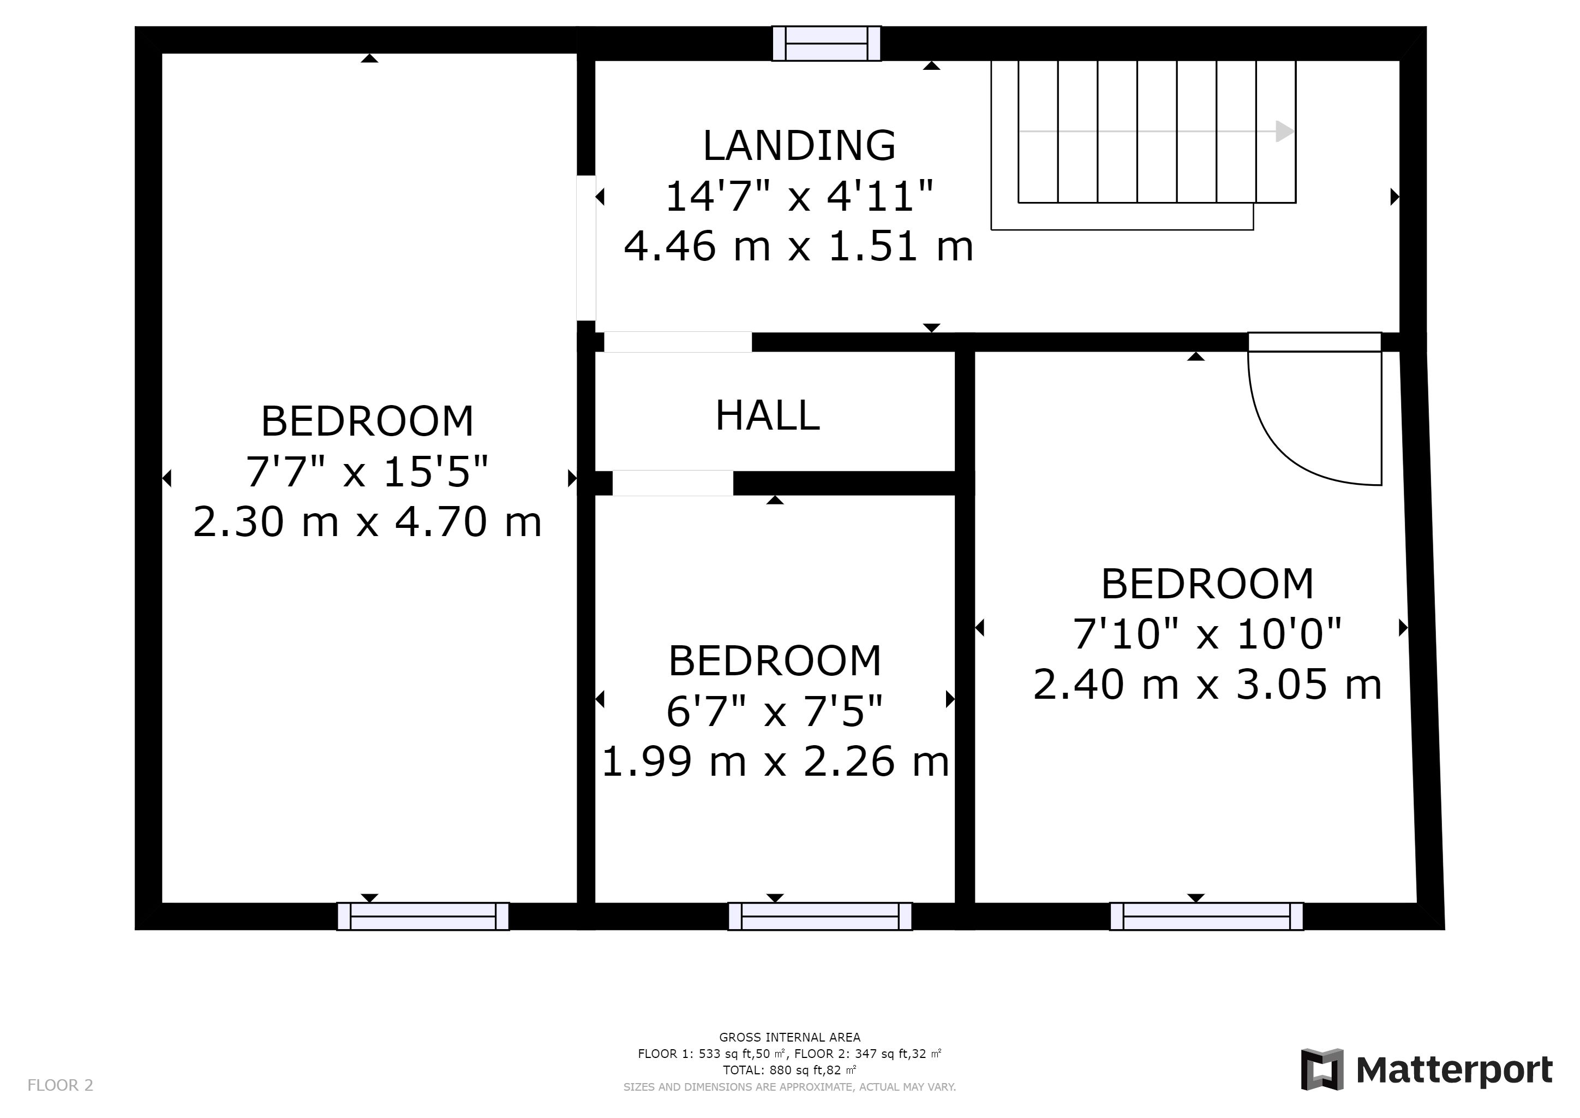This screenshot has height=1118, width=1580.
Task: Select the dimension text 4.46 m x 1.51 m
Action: coord(799,246)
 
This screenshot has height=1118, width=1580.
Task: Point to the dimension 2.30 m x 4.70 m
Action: coord(368,522)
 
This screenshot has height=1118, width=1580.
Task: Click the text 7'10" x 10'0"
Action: coord(1208,633)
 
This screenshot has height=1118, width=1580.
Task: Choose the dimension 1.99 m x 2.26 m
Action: coord(776,762)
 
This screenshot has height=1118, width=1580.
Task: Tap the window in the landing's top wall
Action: coord(827,43)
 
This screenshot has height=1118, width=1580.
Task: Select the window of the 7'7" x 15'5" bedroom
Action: coord(423,917)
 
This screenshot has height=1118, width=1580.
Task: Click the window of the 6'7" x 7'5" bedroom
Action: coord(820,917)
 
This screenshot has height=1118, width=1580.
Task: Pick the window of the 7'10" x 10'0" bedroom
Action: coord(1206,917)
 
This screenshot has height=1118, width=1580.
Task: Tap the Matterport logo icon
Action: coord(1322,1069)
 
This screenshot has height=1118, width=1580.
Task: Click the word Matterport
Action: coord(1454,1071)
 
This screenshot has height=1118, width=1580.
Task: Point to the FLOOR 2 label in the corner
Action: coord(60,1086)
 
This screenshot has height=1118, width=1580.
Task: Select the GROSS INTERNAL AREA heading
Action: coord(790,1037)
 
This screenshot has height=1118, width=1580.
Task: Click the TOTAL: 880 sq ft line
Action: coord(790,1071)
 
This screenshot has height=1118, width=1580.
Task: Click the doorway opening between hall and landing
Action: coord(678,342)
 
